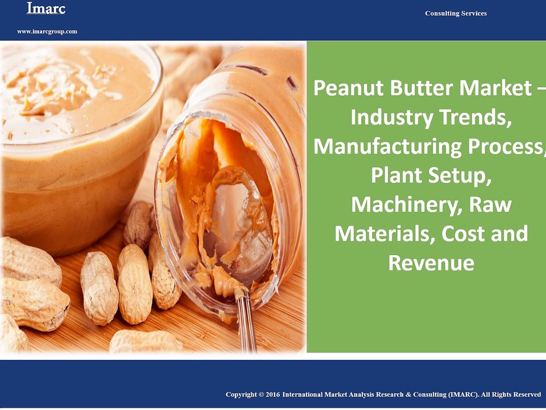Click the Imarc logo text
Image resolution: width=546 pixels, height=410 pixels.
(45, 9)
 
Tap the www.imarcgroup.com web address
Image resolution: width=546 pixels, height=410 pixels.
(47, 31)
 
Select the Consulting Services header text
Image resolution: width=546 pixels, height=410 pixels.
(456, 13)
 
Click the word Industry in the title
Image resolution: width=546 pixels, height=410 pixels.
(390, 117)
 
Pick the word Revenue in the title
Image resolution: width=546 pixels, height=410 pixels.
(431, 263)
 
